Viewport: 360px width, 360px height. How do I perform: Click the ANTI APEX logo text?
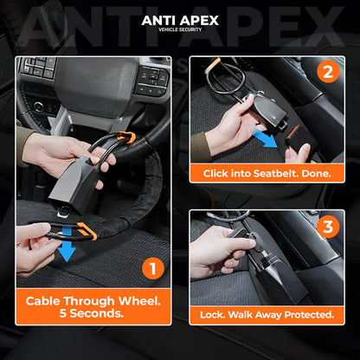[x=180, y=21]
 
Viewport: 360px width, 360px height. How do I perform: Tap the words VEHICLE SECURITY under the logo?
[x=180, y=29]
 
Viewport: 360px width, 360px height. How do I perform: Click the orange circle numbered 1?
[x=153, y=269]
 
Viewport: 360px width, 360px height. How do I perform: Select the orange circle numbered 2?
[x=328, y=72]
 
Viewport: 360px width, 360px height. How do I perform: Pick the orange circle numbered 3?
[x=328, y=227]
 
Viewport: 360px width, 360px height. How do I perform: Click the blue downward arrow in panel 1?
[x=67, y=243]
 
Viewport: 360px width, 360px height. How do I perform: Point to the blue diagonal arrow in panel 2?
[x=265, y=138]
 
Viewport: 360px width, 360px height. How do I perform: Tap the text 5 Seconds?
[x=92, y=313]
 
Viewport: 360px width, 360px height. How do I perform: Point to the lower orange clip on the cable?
[x=87, y=230]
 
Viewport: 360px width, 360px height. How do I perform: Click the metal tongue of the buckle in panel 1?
[x=62, y=213]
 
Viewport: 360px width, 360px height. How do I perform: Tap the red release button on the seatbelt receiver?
[x=292, y=132]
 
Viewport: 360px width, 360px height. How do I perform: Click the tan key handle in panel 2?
[x=213, y=65]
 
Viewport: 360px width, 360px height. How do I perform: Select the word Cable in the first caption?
[x=43, y=301]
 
